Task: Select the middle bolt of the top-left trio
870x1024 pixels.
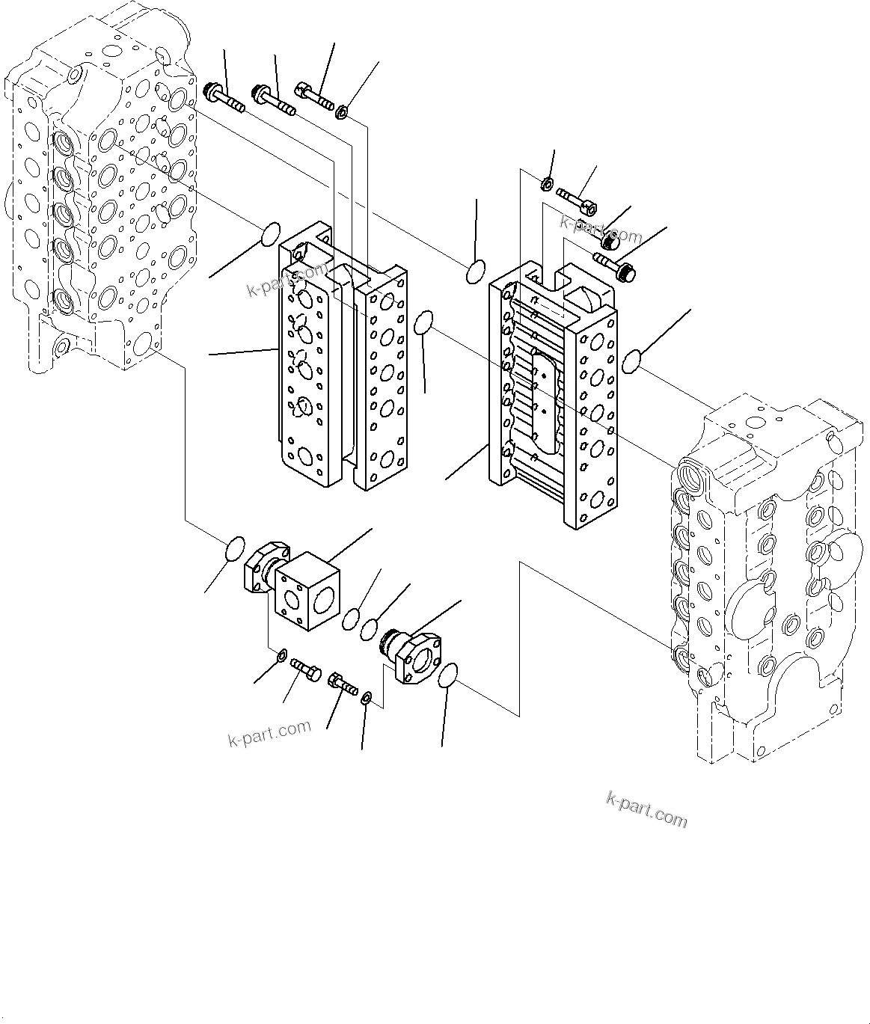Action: [274, 102]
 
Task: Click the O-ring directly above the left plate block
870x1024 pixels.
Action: [270, 233]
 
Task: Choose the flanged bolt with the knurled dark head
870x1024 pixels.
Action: [615, 268]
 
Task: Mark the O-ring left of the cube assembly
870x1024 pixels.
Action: [234, 546]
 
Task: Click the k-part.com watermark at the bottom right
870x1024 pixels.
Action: [646, 810]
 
